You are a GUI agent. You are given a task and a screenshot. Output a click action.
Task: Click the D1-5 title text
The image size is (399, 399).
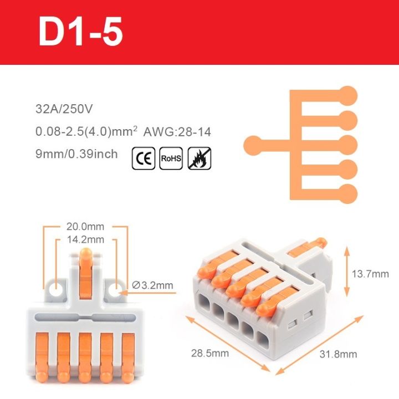(80, 33)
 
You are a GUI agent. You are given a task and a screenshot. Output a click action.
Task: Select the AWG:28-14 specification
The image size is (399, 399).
(177, 132)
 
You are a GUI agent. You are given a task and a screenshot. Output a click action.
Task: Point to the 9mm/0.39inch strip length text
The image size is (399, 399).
(76, 154)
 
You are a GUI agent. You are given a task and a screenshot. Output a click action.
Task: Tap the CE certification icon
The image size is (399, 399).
(144, 158)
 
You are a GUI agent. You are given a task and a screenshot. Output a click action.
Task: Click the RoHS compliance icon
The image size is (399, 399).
(171, 158)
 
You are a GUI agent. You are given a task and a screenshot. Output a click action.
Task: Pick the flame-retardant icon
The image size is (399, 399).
(199, 158)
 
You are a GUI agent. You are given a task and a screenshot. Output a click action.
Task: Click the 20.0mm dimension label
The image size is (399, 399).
(85, 227)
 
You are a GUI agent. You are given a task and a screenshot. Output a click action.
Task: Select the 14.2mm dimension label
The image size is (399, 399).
(85, 240)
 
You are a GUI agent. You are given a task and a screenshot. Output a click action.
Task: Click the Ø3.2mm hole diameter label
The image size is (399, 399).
(153, 286)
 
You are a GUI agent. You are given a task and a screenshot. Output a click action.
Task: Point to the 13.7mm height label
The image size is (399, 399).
(370, 273)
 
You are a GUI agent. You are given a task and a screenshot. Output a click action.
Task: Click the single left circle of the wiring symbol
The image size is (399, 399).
(253, 144)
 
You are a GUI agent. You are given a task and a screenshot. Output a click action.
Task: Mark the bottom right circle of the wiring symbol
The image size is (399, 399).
(349, 193)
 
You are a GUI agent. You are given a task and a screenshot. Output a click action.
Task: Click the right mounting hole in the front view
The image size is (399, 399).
(115, 289)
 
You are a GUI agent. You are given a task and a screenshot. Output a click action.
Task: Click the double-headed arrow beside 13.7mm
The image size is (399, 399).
(347, 273)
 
